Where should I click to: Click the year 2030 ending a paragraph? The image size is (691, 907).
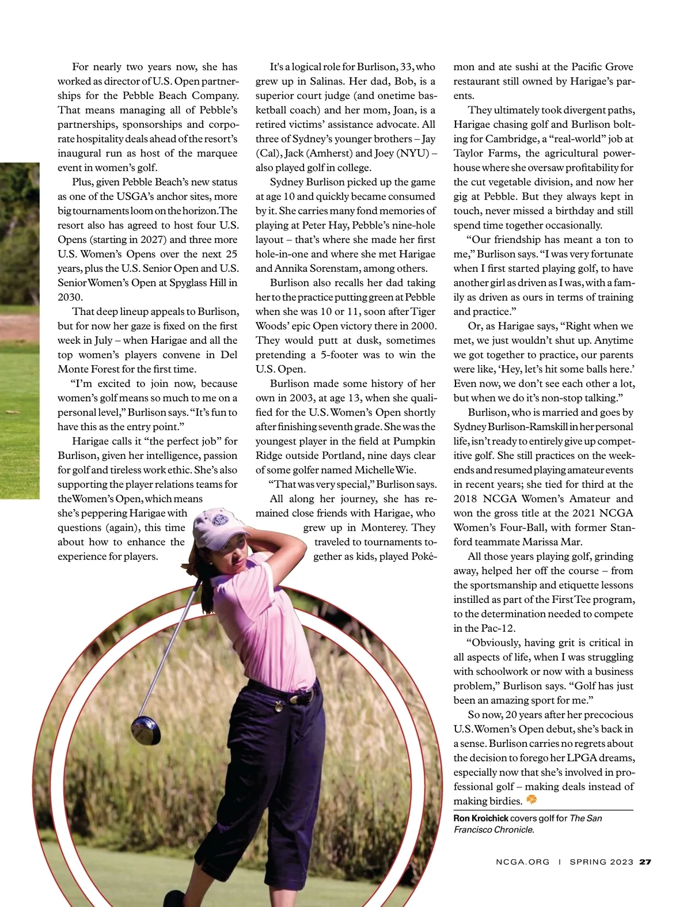click(70, 297)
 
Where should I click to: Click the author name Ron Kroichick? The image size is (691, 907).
click(480, 818)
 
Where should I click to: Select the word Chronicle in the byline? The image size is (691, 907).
click(514, 830)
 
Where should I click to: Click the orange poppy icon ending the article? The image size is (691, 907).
click(531, 800)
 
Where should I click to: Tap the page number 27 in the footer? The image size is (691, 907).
click(645, 862)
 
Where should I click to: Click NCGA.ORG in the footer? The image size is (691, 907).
click(522, 862)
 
